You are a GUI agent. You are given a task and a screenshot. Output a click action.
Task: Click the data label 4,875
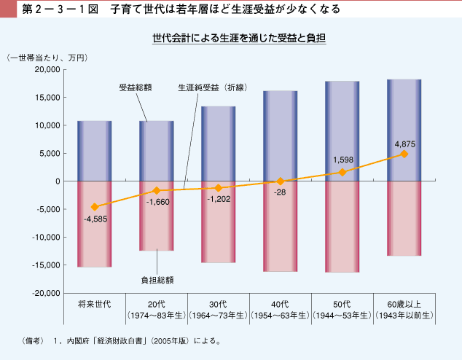pos(404,144)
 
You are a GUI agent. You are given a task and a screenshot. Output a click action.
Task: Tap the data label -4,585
pos(95,219)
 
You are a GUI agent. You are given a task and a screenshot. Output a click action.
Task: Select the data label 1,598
pos(342,160)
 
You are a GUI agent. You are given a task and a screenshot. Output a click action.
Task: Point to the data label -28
pos(281,193)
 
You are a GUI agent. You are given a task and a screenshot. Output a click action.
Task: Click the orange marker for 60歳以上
pos(404,154)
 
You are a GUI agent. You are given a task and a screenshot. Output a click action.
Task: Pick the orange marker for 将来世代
pos(95,207)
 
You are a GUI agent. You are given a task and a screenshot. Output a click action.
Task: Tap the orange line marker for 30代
pos(219,187)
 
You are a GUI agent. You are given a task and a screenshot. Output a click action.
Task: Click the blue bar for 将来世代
pos(95,151)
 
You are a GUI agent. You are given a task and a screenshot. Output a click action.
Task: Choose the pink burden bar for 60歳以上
pos(404,219)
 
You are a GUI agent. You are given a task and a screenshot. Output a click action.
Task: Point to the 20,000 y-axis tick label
pos(46,70)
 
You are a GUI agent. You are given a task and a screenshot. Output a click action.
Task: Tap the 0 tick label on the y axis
pos(57,181)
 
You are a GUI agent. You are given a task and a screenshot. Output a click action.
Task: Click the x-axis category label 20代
pos(157,303)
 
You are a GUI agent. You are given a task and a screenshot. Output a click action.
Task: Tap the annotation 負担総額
pos(157,279)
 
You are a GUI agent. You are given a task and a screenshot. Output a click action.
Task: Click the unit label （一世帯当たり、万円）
pos(47,57)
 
